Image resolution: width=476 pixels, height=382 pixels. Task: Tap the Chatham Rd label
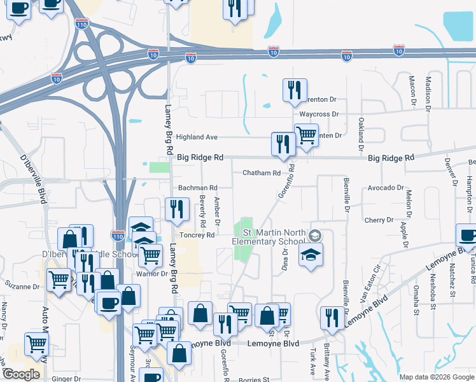tap(262, 173)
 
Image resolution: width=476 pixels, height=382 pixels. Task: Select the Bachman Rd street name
tap(198, 188)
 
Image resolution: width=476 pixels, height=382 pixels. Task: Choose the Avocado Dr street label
tap(386, 188)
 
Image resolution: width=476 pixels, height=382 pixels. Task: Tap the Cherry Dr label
tap(379, 220)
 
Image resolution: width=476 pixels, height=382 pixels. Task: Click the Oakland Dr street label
tap(361, 133)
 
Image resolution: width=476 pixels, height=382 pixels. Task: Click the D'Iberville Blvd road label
tap(33, 179)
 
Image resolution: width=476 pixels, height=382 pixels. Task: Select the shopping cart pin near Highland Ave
tap(306, 135)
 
